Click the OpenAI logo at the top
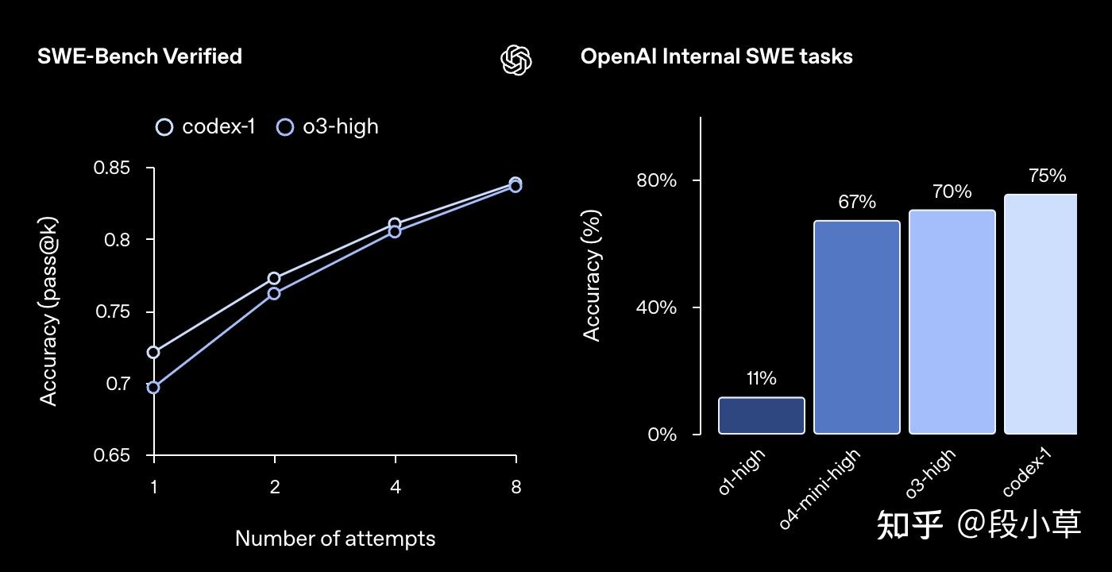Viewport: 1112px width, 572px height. coord(516,60)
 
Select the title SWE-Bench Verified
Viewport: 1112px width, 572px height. coord(140,56)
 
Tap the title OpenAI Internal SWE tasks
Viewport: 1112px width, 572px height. coord(716,56)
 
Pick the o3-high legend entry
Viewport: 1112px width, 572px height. coord(328,127)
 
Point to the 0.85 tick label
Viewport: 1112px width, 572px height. coord(112,168)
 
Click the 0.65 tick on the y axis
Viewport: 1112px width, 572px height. coord(112,455)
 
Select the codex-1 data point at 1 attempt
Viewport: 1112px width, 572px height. coord(153,352)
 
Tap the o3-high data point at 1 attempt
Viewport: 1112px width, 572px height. coord(153,388)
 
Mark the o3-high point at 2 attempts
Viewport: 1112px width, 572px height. coord(274,293)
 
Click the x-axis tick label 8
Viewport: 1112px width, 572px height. coord(516,487)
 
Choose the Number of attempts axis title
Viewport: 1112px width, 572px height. coord(335,539)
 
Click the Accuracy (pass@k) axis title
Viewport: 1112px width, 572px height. coord(49,311)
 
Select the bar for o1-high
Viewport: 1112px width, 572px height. coord(761,415)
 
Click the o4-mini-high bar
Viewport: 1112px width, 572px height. coord(856,327)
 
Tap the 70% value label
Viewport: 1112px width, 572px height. coord(952,191)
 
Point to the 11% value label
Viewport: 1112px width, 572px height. coord(761,378)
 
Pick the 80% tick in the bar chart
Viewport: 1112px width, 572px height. coord(656,180)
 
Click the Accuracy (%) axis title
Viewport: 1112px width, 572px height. coord(592,275)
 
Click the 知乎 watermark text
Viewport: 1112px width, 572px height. coord(910,525)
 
